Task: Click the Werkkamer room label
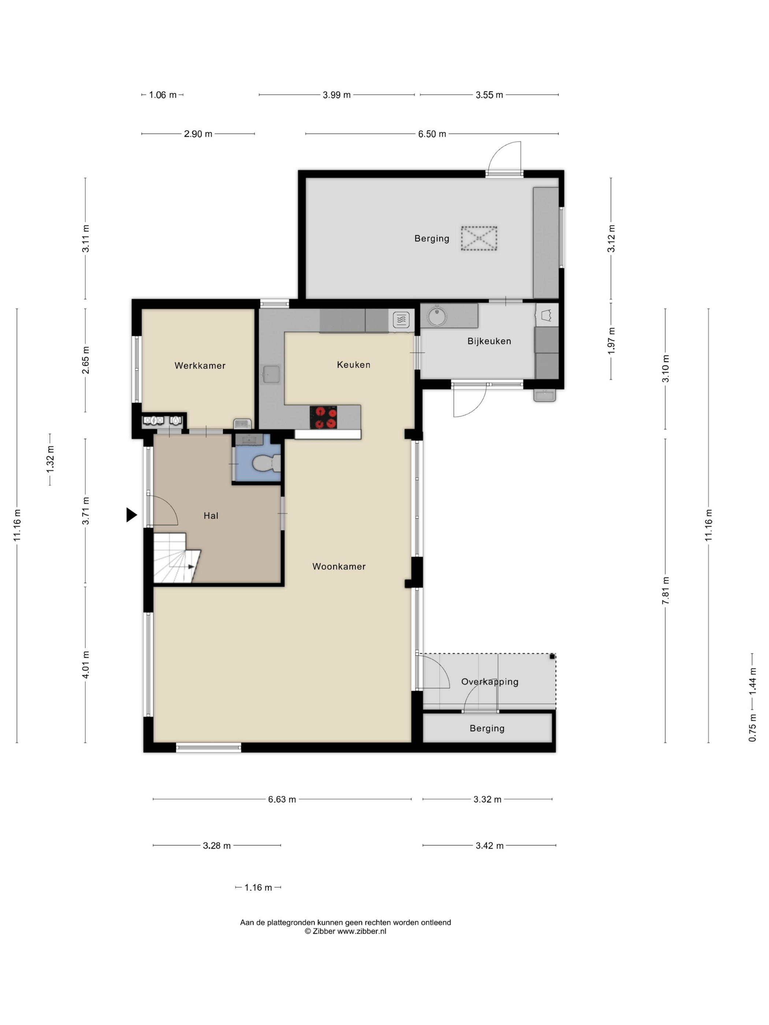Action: pyautogui.click(x=200, y=366)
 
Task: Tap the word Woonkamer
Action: pyautogui.click(x=339, y=566)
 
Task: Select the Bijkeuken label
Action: pyautogui.click(x=489, y=341)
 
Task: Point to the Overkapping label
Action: pyautogui.click(x=490, y=682)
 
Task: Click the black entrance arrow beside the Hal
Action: pyautogui.click(x=131, y=514)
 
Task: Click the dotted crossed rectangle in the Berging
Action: pyautogui.click(x=479, y=238)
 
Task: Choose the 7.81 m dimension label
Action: pyautogui.click(x=666, y=590)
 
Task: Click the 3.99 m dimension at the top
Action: pyautogui.click(x=337, y=95)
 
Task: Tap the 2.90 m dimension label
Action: pyautogui.click(x=198, y=134)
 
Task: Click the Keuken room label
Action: pyautogui.click(x=354, y=365)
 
